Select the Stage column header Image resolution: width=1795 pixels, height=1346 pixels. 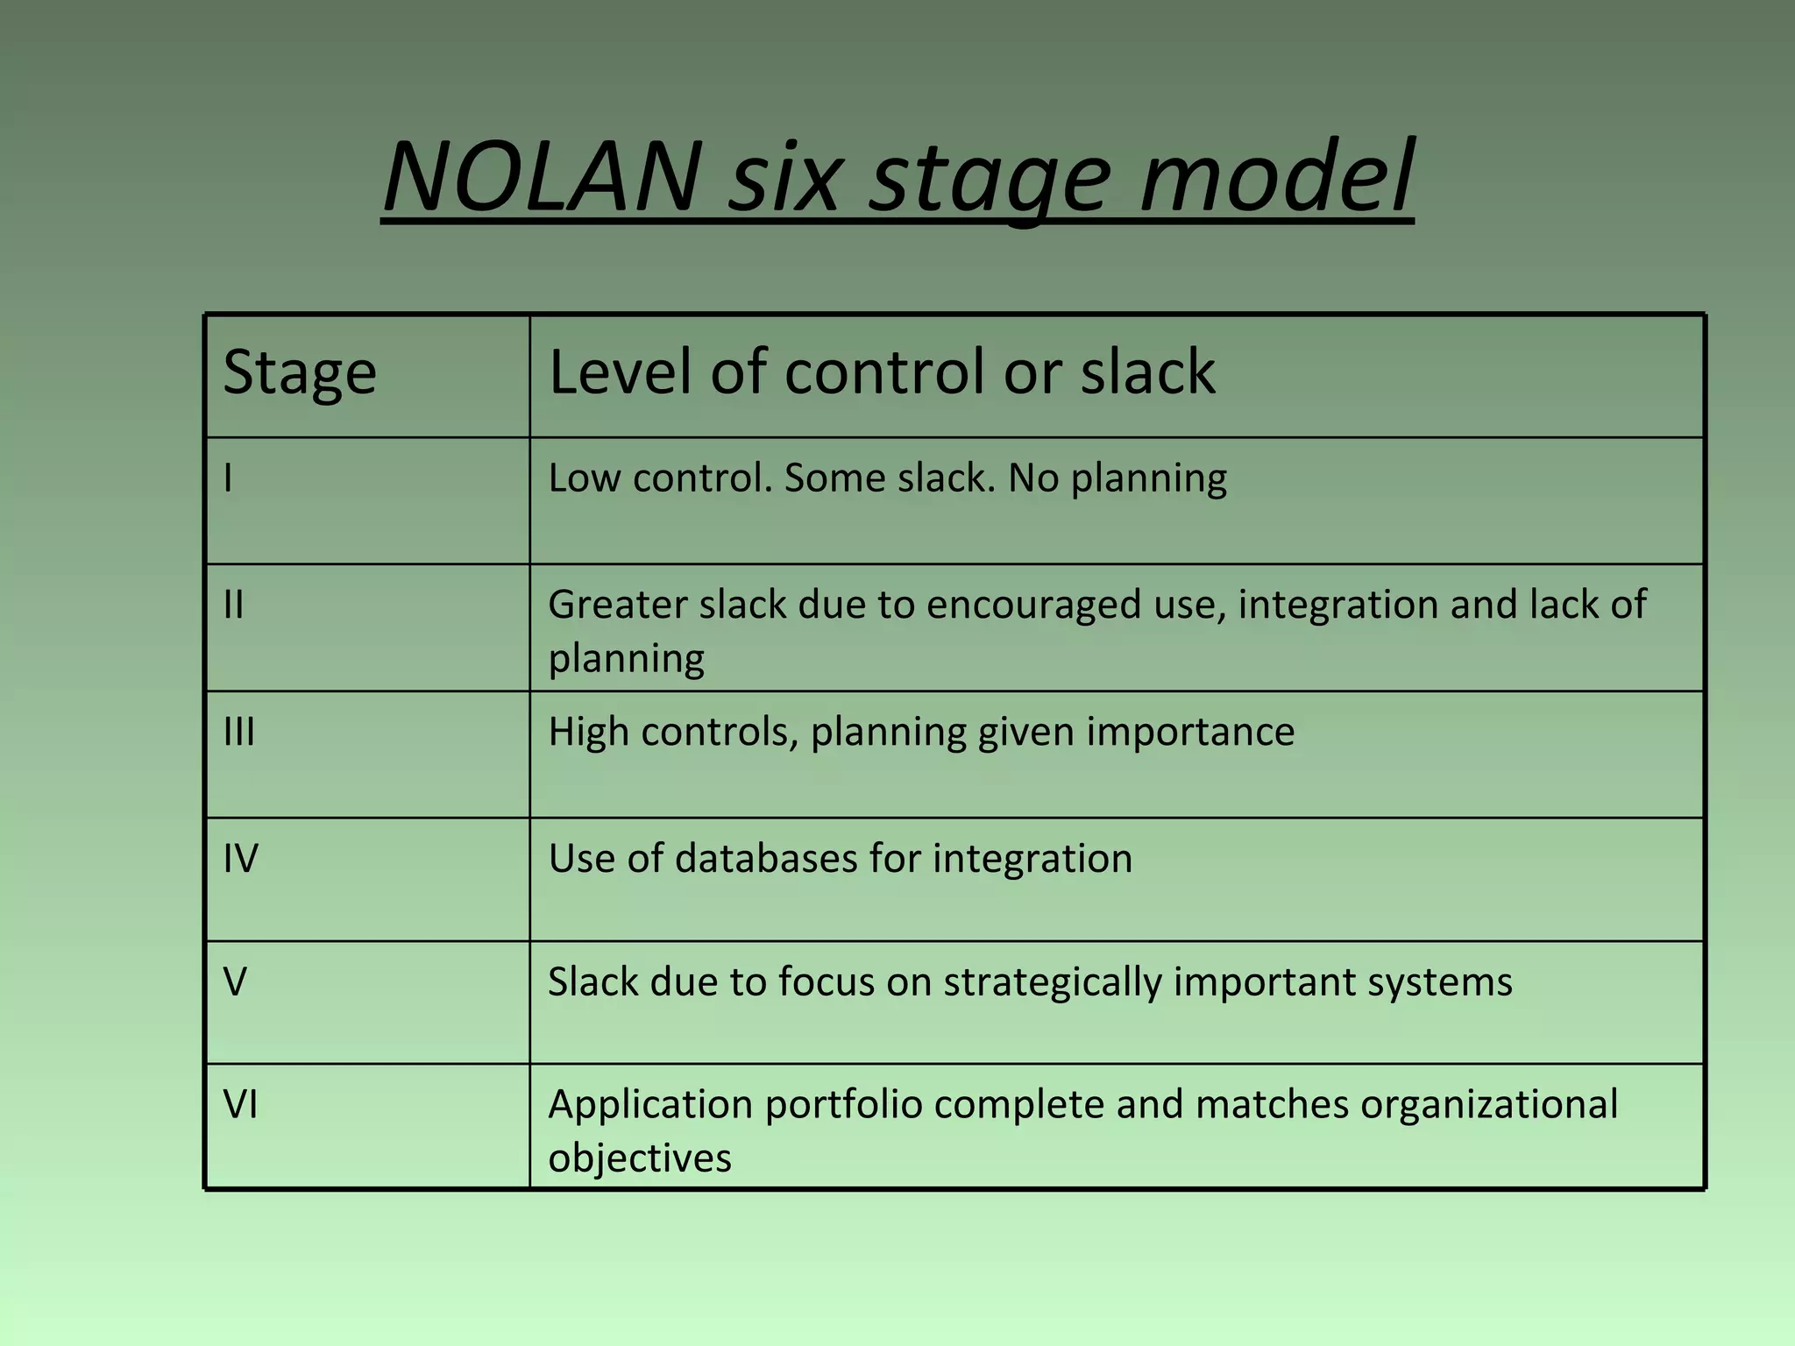[x=300, y=372]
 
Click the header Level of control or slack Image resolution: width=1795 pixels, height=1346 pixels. [x=882, y=372]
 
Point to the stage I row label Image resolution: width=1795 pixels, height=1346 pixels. [x=228, y=478]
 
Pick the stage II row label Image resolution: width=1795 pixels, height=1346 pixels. [x=233, y=605]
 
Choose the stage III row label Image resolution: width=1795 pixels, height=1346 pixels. [x=238, y=731]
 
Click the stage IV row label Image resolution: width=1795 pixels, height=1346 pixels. [x=240, y=858]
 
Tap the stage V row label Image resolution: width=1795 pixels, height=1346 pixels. [x=235, y=981]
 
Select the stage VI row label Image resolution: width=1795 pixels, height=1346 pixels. [x=240, y=1104]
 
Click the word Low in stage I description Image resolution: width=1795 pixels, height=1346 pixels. [x=585, y=478]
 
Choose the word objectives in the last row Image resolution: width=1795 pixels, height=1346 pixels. [x=640, y=1158]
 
